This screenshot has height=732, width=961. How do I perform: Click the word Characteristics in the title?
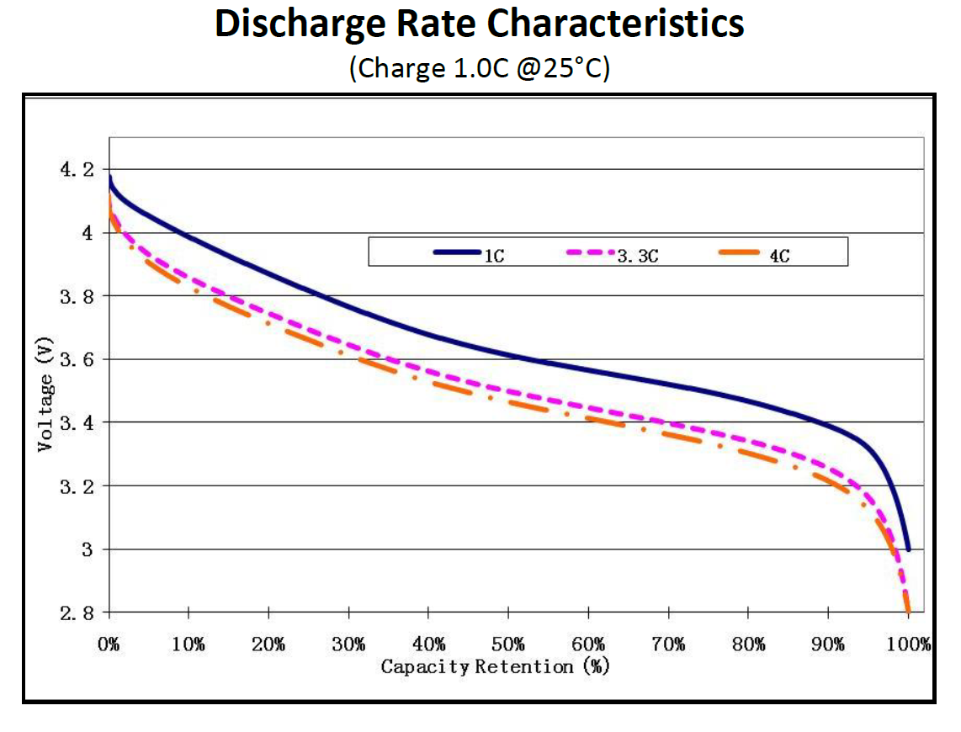coord(620,25)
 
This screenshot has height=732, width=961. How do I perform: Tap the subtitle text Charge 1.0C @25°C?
coord(480,68)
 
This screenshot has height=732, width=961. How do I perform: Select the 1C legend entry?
coord(493,255)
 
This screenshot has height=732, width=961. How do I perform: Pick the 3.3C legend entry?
coord(637,255)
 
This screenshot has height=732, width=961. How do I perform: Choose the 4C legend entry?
coord(779,255)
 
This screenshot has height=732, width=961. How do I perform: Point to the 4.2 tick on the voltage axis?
coord(79,170)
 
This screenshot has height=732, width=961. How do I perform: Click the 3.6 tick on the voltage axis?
coord(79,359)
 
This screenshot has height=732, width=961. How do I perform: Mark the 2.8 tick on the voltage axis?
coord(79,613)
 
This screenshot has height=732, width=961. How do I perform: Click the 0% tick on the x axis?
coord(109,645)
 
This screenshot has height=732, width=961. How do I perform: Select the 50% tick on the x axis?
coord(508,645)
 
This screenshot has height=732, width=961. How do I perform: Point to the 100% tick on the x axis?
coord(909,645)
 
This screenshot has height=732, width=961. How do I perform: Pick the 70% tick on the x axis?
coord(668,645)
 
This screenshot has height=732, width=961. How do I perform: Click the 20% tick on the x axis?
coord(268,645)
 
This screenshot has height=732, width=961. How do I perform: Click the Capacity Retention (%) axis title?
coord(495,667)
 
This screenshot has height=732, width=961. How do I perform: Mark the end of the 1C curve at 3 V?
coord(908,549)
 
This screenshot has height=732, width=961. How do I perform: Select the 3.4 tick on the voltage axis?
coord(79,422)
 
